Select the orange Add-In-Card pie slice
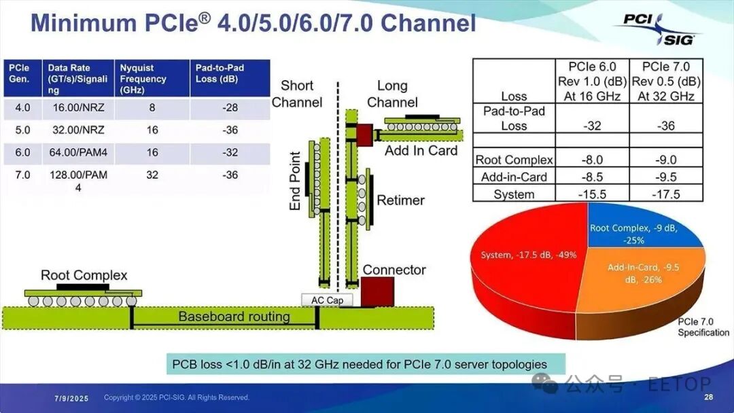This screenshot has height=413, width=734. click(x=632, y=275)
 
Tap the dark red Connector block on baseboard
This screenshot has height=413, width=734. click(x=377, y=293)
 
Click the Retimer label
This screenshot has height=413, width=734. click(x=401, y=200)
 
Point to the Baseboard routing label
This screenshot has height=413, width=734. click(x=234, y=317)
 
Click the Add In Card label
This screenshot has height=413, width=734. click(x=421, y=151)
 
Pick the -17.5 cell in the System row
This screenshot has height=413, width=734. click(x=666, y=194)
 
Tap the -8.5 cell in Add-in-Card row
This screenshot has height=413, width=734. click(x=592, y=177)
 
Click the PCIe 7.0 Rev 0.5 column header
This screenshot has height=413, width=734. click(x=666, y=81)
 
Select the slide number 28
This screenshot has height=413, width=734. click(x=708, y=397)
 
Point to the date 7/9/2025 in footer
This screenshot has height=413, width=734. click(x=71, y=397)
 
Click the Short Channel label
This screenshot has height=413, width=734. click(x=297, y=94)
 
